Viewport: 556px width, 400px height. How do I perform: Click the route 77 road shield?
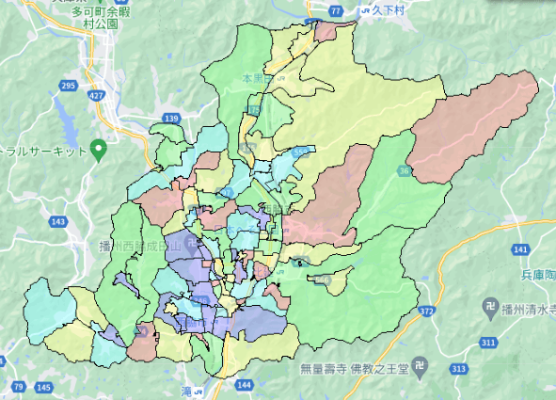[337, 10]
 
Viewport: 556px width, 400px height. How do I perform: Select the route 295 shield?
[66, 86]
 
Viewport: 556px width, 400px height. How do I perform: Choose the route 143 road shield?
[58, 220]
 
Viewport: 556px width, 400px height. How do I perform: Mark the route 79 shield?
[19, 387]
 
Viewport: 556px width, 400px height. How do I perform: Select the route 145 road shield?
[43, 387]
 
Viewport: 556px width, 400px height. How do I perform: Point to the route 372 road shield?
[426, 311]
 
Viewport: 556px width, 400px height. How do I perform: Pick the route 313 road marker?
[457, 368]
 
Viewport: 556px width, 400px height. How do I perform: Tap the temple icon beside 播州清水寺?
[490, 307]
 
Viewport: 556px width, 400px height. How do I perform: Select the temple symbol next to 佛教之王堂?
[427, 369]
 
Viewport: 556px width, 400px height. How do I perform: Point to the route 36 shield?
[405, 170]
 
